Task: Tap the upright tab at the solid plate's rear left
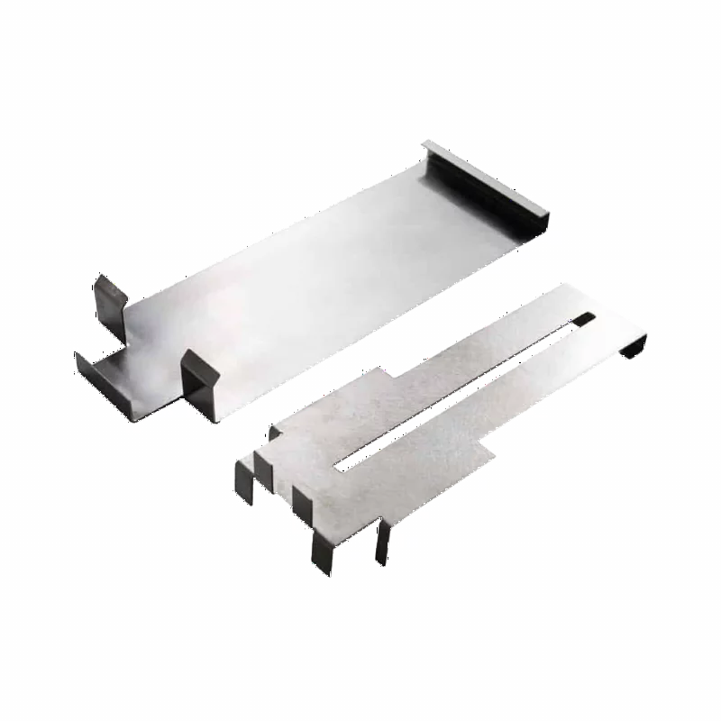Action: [111, 298]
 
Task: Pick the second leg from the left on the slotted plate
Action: [263, 464]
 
